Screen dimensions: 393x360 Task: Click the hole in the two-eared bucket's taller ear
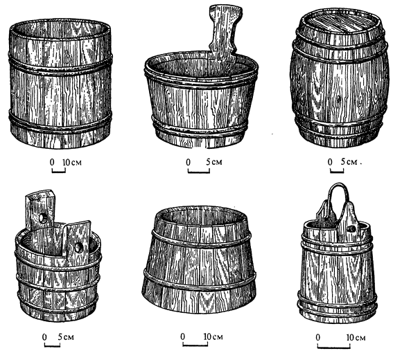43,219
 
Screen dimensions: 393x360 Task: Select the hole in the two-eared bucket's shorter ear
78,247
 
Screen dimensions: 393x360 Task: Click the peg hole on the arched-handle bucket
352,228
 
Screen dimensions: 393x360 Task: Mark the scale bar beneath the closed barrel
337,171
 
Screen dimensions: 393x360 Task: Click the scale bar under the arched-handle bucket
333,346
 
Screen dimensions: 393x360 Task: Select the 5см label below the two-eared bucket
66,336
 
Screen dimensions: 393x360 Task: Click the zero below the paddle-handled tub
189,162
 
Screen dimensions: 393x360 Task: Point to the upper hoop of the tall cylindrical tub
60,66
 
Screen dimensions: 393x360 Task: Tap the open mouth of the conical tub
200,216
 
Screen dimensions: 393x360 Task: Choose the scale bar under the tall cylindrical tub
59,170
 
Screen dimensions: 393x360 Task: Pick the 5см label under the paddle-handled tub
214,162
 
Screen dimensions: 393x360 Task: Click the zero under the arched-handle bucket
318,337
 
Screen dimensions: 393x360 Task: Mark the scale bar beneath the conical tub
195,344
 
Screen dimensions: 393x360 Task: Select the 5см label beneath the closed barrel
349,162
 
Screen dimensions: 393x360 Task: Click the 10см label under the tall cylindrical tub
72,162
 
